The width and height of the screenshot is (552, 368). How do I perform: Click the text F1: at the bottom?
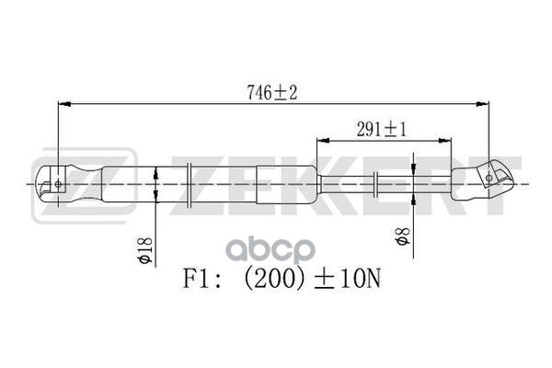[201, 276]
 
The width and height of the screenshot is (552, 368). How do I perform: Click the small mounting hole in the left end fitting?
[58, 184]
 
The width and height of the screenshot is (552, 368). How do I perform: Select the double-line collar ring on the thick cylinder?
[190, 184]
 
